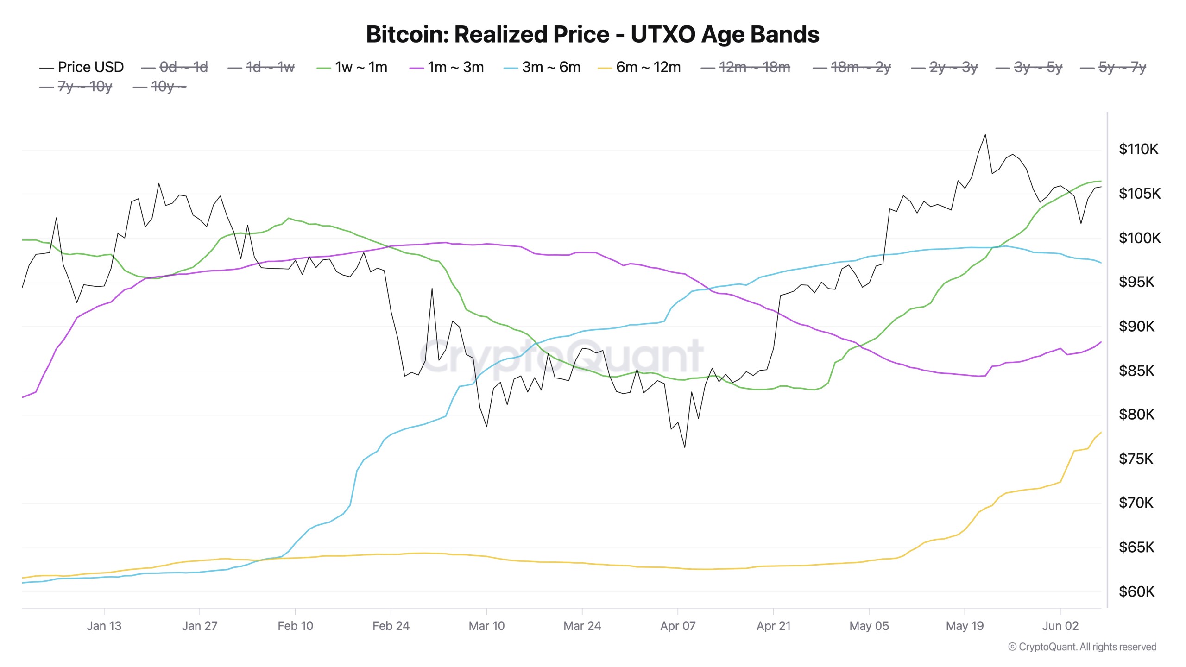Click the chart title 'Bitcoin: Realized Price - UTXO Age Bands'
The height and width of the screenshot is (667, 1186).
click(x=593, y=34)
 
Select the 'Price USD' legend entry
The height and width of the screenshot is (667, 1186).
click(x=90, y=67)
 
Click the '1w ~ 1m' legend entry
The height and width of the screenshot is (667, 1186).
click(x=361, y=67)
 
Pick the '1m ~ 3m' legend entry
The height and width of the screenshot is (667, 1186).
click(x=455, y=67)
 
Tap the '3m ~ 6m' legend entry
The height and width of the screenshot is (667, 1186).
click(x=551, y=67)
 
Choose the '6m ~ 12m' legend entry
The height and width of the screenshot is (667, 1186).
click(x=648, y=67)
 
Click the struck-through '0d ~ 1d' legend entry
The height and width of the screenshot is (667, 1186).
click(x=183, y=67)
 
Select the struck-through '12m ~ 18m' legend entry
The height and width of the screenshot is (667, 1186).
click(x=754, y=67)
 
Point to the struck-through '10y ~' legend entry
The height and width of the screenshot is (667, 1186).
click(x=168, y=87)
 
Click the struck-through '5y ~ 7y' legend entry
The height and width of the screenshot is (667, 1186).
click(x=1122, y=67)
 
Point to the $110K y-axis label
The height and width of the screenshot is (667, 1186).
click(x=1138, y=149)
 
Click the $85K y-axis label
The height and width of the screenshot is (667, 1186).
click(x=1136, y=371)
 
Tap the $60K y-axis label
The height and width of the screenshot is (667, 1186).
click(x=1136, y=591)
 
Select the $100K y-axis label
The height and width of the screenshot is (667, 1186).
click(x=1140, y=238)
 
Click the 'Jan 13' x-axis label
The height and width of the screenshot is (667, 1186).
click(x=104, y=626)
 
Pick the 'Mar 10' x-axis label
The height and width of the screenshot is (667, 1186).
click(x=486, y=626)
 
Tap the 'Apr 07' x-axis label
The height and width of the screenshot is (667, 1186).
click(x=678, y=626)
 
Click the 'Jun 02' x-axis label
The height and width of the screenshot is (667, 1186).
click(x=1060, y=626)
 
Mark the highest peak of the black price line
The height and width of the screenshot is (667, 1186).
click(x=985, y=135)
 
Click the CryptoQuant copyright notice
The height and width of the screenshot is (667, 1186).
click(x=1082, y=647)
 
